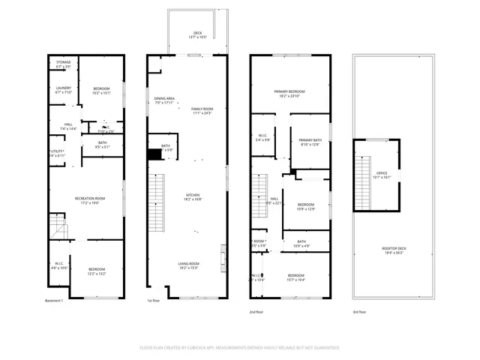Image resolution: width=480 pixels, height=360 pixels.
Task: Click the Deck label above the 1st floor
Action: pos(198,33)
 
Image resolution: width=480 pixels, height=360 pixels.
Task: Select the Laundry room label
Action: pos(63,90)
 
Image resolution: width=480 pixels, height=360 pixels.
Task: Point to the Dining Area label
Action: pos(164,100)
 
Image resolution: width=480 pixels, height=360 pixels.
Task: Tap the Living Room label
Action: pos(188,265)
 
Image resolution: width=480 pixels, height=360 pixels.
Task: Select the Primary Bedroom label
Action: pos(289,93)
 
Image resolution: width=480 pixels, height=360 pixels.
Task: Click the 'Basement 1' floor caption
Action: pos(55,301)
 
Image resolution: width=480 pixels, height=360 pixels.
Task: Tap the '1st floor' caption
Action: pos(153,301)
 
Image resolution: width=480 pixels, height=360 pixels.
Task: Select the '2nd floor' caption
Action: pos(257,310)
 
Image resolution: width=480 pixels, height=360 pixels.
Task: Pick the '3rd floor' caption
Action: pos(360,310)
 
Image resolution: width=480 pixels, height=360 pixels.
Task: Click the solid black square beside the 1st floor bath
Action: pos(154,153)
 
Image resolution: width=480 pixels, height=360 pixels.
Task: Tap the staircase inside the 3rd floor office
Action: pos(365,174)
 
